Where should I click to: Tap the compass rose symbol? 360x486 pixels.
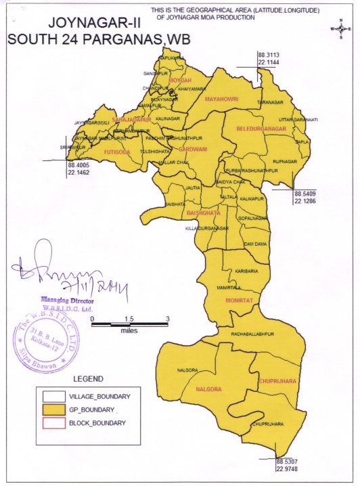point(340,29)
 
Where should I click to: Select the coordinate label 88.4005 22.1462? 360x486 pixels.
point(79,169)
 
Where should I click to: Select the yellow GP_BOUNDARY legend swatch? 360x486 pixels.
point(57,410)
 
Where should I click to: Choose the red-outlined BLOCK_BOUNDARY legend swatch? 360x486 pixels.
point(57,423)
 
